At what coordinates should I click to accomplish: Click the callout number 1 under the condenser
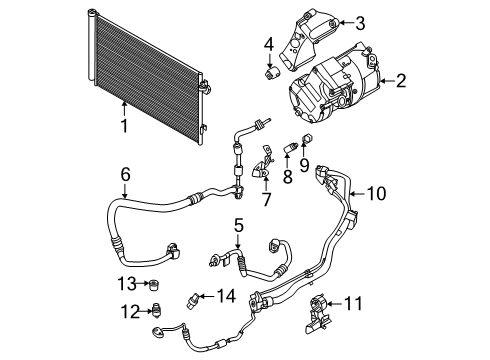point(123,128)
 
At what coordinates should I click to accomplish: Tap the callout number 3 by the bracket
point(360,21)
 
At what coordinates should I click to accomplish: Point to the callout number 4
point(268,43)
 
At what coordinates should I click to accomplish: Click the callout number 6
point(125,174)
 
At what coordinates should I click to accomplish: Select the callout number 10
point(374,193)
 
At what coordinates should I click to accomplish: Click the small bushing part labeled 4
point(270,73)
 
